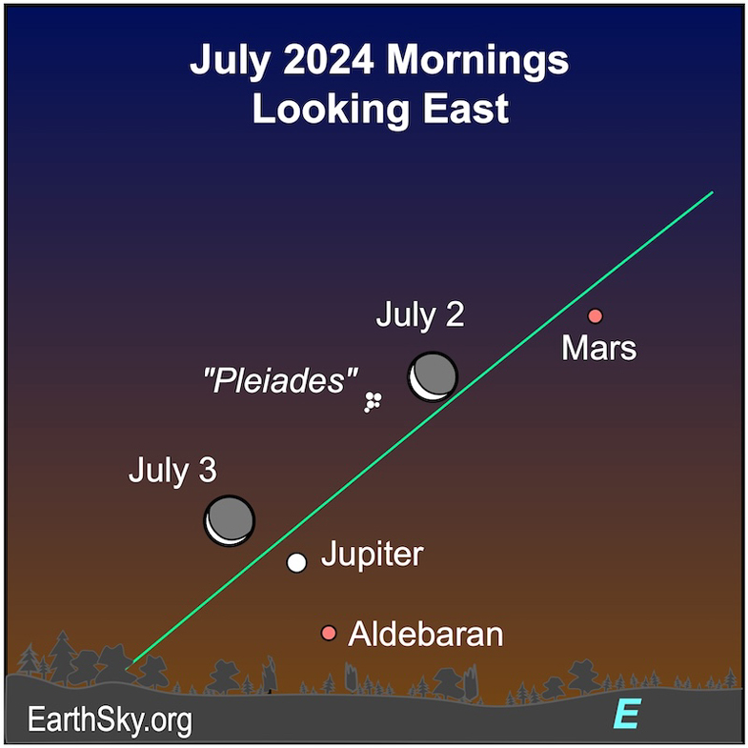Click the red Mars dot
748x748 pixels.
tap(595, 315)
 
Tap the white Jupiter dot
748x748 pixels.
tap(296, 562)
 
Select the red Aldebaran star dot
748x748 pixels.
tap(328, 633)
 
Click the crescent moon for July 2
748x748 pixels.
tap(433, 377)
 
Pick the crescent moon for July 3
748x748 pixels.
tap(230, 520)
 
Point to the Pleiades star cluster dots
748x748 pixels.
tap(373, 402)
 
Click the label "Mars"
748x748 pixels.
tap(598, 348)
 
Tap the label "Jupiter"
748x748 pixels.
tap(372, 555)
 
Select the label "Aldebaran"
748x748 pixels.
tap(426, 634)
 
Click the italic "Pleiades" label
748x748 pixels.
tap(280, 380)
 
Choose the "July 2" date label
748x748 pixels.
tap(420, 315)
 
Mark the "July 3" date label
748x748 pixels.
tap(172, 471)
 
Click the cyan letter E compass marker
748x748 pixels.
tap(626, 714)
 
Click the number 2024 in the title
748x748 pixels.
tap(328, 60)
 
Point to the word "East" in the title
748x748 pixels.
tap(466, 109)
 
